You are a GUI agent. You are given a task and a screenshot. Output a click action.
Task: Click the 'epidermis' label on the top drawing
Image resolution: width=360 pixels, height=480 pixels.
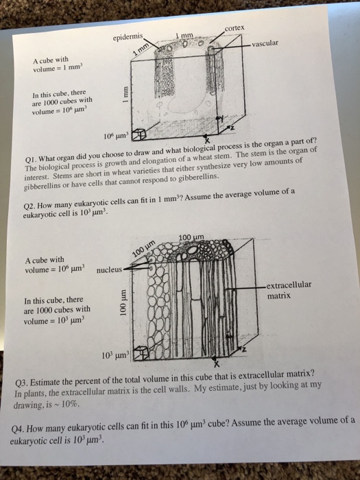point(128,37)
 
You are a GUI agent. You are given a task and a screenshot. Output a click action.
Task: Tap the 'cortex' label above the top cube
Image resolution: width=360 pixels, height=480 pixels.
point(235,28)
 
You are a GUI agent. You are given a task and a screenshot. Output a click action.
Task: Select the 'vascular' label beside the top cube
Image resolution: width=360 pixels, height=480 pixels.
point(265,43)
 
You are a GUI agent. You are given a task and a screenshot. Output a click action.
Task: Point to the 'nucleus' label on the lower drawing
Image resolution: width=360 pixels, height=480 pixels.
point(109,269)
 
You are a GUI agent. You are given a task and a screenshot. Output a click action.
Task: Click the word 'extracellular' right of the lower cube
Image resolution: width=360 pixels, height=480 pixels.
point(289,285)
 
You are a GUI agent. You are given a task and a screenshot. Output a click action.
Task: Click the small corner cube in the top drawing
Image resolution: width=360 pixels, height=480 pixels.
point(139,134)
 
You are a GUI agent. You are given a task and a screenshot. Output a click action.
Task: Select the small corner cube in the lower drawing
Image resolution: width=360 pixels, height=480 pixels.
point(141,353)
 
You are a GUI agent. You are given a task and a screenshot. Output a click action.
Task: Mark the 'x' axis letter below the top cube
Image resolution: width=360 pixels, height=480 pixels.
point(207,141)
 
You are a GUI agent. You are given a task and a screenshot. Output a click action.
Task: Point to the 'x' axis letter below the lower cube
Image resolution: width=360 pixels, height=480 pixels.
point(217,364)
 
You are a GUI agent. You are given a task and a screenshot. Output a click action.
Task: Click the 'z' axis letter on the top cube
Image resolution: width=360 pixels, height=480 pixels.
point(232,127)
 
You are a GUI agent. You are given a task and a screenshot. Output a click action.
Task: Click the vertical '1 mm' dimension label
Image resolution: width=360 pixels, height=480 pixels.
point(125,95)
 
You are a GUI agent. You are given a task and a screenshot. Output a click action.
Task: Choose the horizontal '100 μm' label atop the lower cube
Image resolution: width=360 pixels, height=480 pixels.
point(191,237)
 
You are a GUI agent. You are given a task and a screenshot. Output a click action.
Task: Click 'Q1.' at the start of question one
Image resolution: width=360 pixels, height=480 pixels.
point(32,159)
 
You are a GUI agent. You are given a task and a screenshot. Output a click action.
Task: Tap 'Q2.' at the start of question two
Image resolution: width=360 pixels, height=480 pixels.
point(29,206)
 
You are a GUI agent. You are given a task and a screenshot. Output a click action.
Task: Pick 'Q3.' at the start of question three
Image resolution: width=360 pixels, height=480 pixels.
point(21,383)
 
